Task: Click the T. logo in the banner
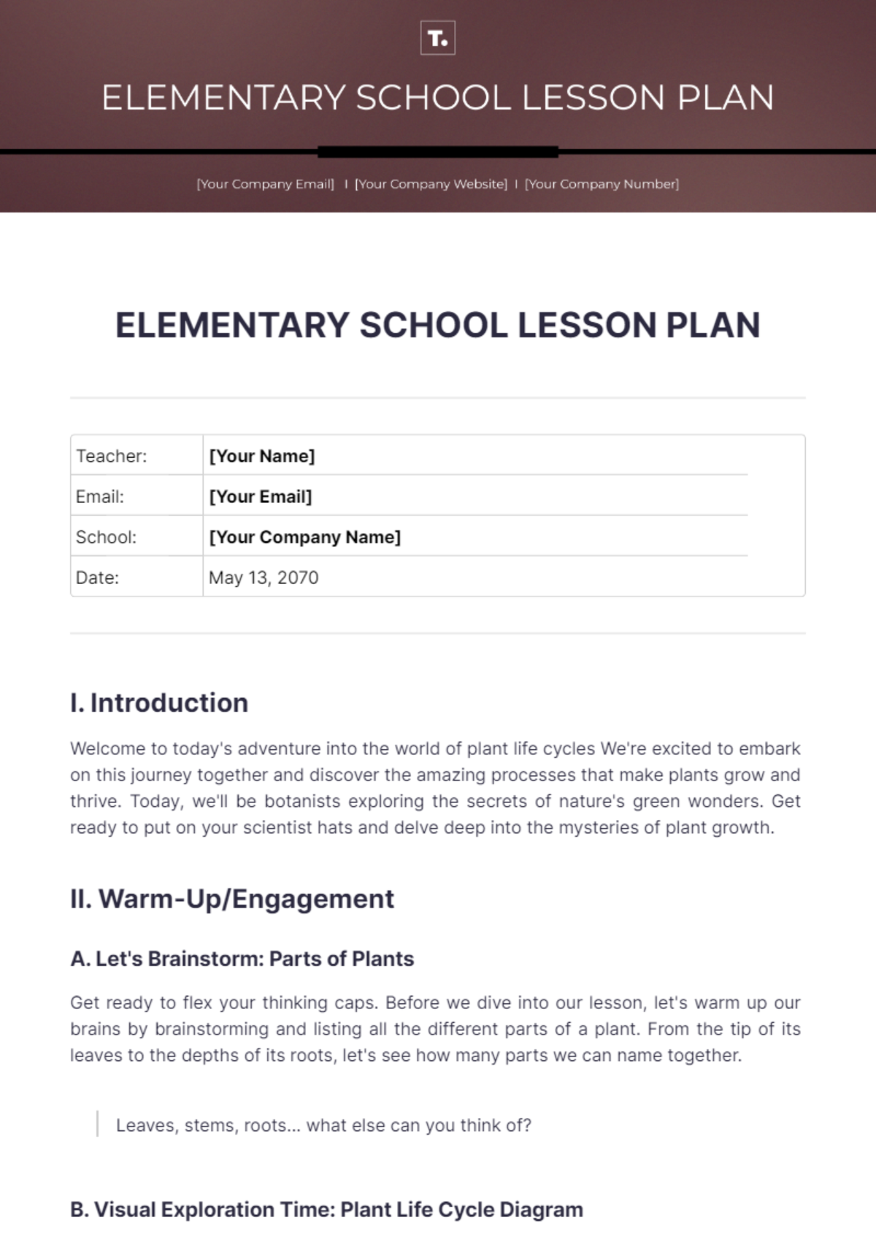[x=437, y=39]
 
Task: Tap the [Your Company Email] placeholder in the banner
[x=265, y=184]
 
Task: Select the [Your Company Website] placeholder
[x=431, y=184]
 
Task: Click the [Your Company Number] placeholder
[x=602, y=184]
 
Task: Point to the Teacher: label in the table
[x=111, y=456]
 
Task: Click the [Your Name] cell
[x=261, y=456]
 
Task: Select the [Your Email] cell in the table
[x=260, y=497]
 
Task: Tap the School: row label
[x=106, y=537]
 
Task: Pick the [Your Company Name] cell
[x=304, y=537]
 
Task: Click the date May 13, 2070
[x=263, y=578]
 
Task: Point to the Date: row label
[x=97, y=578]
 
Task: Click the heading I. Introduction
[x=159, y=702]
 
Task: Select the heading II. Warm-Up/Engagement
[x=231, y=898]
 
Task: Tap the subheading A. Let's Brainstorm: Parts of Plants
[x=242, y=959]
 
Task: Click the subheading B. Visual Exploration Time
[x=326, y=1210]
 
